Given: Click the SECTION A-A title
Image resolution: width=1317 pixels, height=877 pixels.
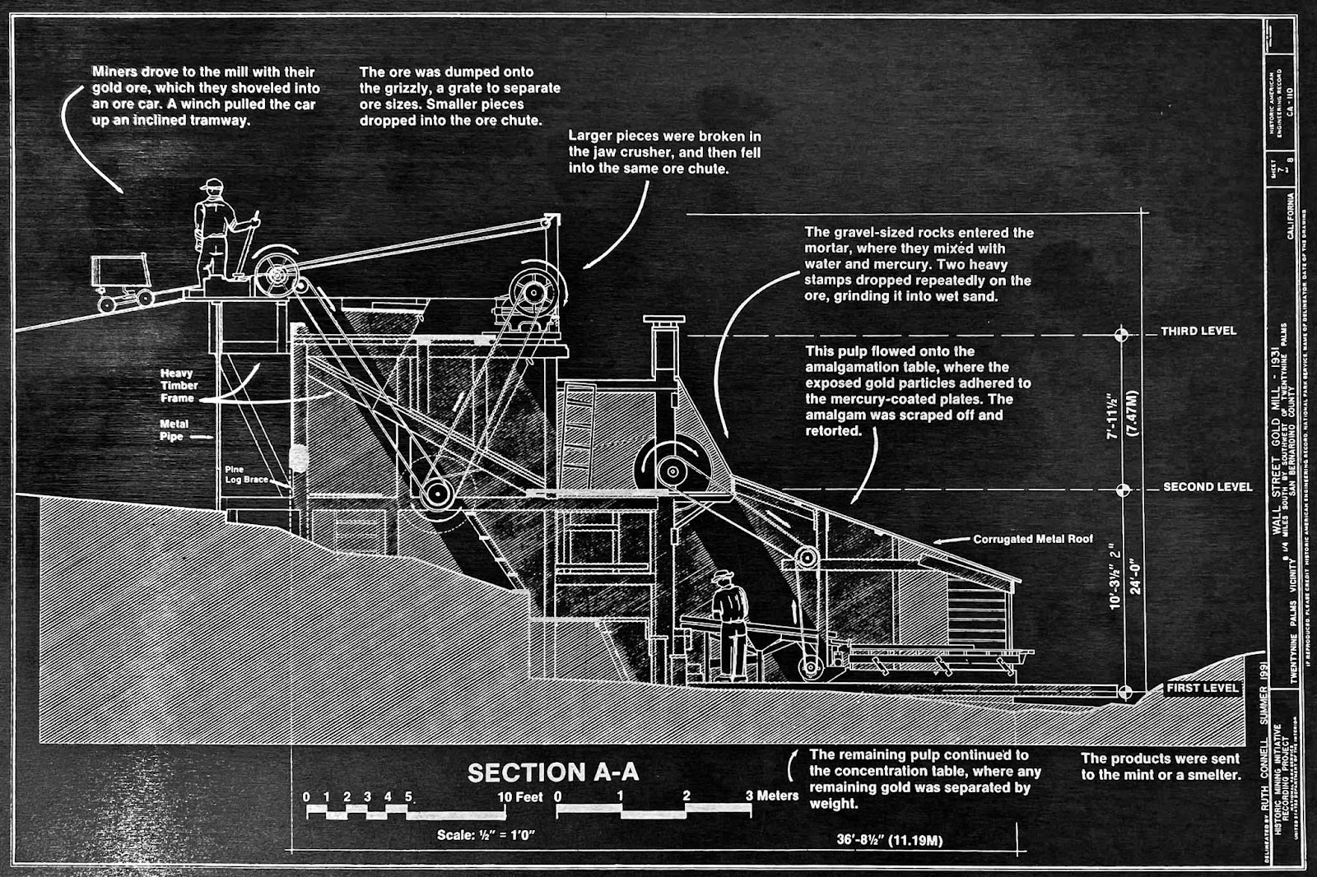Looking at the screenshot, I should [552, 773].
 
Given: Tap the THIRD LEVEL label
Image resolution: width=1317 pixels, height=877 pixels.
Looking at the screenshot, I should [1198, 331].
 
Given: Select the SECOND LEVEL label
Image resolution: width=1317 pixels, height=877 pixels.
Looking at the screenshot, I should [1207, 487].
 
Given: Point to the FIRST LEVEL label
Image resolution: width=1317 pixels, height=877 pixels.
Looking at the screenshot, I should [1202, 688].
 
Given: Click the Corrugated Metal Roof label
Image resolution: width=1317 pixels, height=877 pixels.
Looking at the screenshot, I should [1032, 539].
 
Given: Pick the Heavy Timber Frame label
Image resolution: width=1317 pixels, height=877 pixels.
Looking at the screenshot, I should [178, 385].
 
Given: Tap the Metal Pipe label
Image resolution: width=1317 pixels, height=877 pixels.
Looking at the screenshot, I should [174, 429].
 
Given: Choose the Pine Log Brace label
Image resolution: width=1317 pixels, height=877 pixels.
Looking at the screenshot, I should [245, 474].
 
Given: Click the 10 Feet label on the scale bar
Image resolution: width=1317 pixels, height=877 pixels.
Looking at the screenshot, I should [519, 796].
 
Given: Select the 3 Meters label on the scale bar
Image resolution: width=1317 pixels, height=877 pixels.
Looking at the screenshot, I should [771, 796].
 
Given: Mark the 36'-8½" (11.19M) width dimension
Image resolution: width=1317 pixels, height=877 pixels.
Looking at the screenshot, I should [889, 840].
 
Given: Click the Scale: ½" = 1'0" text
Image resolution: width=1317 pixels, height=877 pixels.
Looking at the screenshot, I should [486, 835].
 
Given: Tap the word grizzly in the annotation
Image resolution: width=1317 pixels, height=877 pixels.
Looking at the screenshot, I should [392, 88].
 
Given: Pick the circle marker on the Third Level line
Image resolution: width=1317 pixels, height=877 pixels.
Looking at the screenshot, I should [1121, 335].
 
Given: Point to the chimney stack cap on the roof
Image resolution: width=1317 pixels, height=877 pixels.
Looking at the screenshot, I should [663, 320].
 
